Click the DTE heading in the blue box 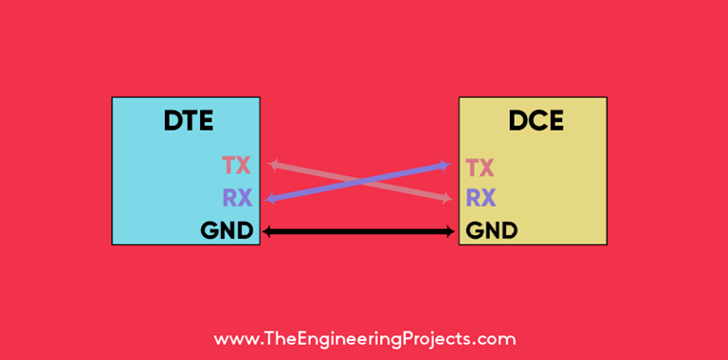click(188, 121)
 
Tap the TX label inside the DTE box click(236, 167)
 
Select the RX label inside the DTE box click(236, 199)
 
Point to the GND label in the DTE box click(227, 230)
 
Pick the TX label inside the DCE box click(481, 169)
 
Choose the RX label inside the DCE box click(481, 199)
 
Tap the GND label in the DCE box click(492, 230)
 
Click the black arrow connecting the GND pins click(358, 231)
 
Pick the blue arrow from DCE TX click(408, 173)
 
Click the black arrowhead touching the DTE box click(267, 231)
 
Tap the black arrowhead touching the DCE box click(449, 231)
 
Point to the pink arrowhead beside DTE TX click(273, 165)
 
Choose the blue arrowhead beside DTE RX click(273, 198)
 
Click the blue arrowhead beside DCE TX click(445, 166)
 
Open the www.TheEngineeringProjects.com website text click(364, 339)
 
